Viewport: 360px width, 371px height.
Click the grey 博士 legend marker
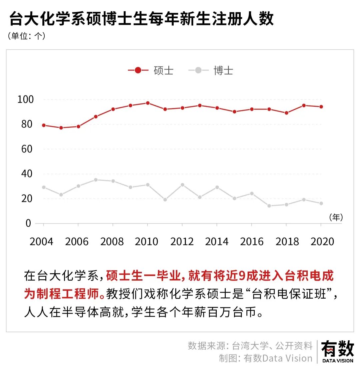[198, 70]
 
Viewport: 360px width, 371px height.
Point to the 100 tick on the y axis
[25, 99]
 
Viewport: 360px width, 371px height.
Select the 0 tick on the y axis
[28, 223]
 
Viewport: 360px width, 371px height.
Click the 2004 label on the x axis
[41, 242]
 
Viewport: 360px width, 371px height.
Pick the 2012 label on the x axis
[182, 242]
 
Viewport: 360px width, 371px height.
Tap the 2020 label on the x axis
[322, 242]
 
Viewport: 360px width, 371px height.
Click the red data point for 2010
[147, 103]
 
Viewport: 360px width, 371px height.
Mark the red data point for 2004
[44, 125]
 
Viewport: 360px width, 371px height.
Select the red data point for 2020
[321, 107]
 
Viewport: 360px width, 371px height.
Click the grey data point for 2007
[96, 180]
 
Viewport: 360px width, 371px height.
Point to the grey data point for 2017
[269, 206]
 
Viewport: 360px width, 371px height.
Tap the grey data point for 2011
[165, 200]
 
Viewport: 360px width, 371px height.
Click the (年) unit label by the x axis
[336, 217]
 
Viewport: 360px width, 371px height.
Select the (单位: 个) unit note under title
[26, 36]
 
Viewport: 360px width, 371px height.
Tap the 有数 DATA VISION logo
[337, 351]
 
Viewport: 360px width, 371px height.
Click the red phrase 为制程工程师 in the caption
[64, 294]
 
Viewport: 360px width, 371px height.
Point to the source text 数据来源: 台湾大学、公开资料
[250, 345]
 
